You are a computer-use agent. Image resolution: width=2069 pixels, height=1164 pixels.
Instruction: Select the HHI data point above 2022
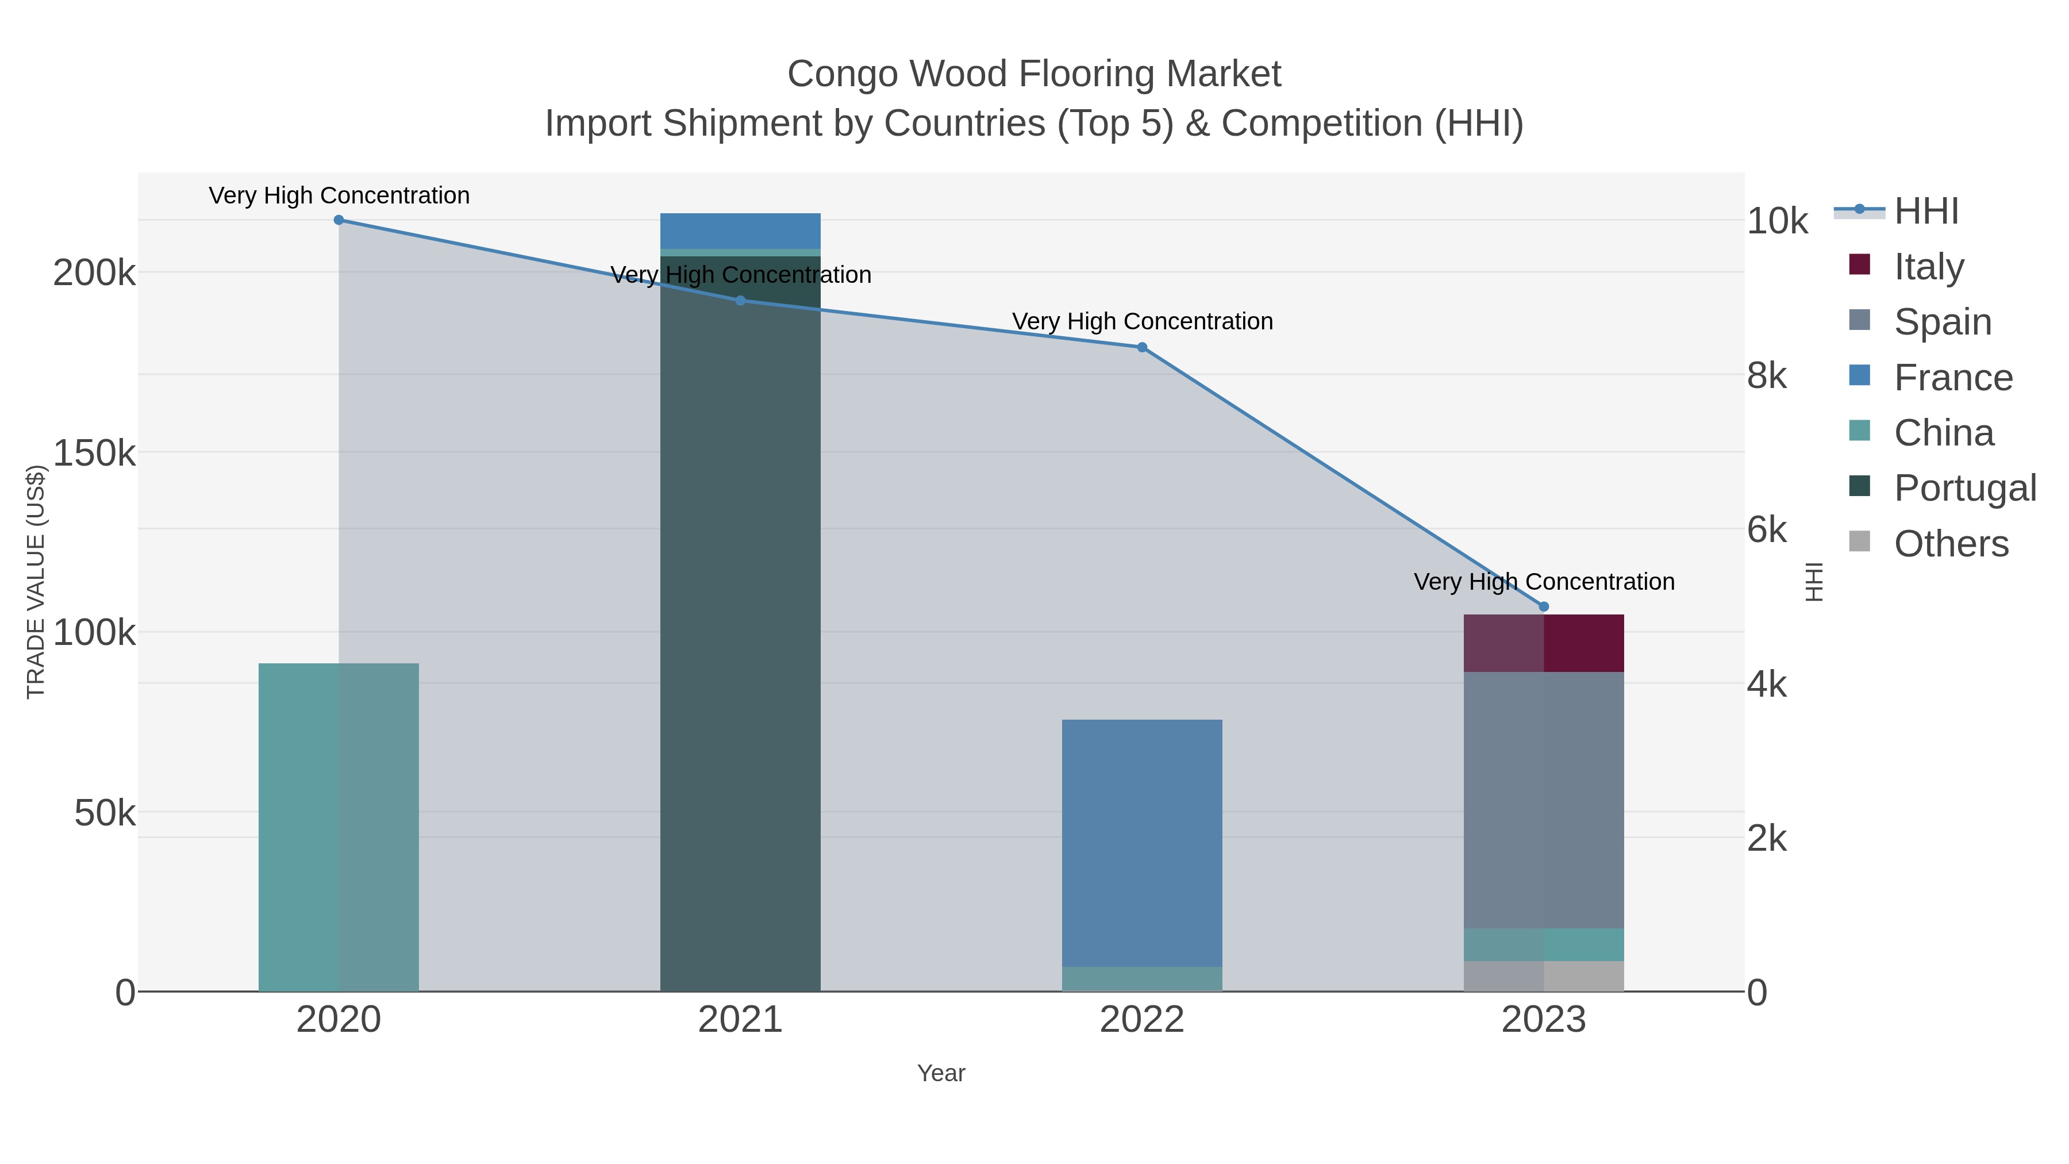click(1141, 347)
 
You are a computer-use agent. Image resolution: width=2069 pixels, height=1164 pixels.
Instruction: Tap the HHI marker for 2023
click(1543, 606)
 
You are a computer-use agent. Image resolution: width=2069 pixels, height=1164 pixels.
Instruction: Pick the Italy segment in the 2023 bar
click(1543, 643)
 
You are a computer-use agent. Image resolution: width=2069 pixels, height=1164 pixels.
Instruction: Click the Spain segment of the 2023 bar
click(1543, 800)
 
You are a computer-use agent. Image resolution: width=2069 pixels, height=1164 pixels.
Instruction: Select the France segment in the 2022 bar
click(1141, 843)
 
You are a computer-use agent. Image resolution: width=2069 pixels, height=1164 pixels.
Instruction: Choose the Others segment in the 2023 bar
click(1543, 976)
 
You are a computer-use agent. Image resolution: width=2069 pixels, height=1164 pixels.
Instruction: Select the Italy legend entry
click(1928, 266)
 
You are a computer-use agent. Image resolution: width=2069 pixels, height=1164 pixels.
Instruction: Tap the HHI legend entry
click(1926, 210)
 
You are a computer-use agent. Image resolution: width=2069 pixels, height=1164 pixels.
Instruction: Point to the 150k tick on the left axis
click(94, 453)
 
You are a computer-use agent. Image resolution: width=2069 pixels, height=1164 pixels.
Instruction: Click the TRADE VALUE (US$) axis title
click(36, 582)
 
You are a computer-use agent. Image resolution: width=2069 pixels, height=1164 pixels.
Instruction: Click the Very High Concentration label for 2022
click(1141, 321)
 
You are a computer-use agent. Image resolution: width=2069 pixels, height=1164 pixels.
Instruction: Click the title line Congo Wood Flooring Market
click(1034, 74)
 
